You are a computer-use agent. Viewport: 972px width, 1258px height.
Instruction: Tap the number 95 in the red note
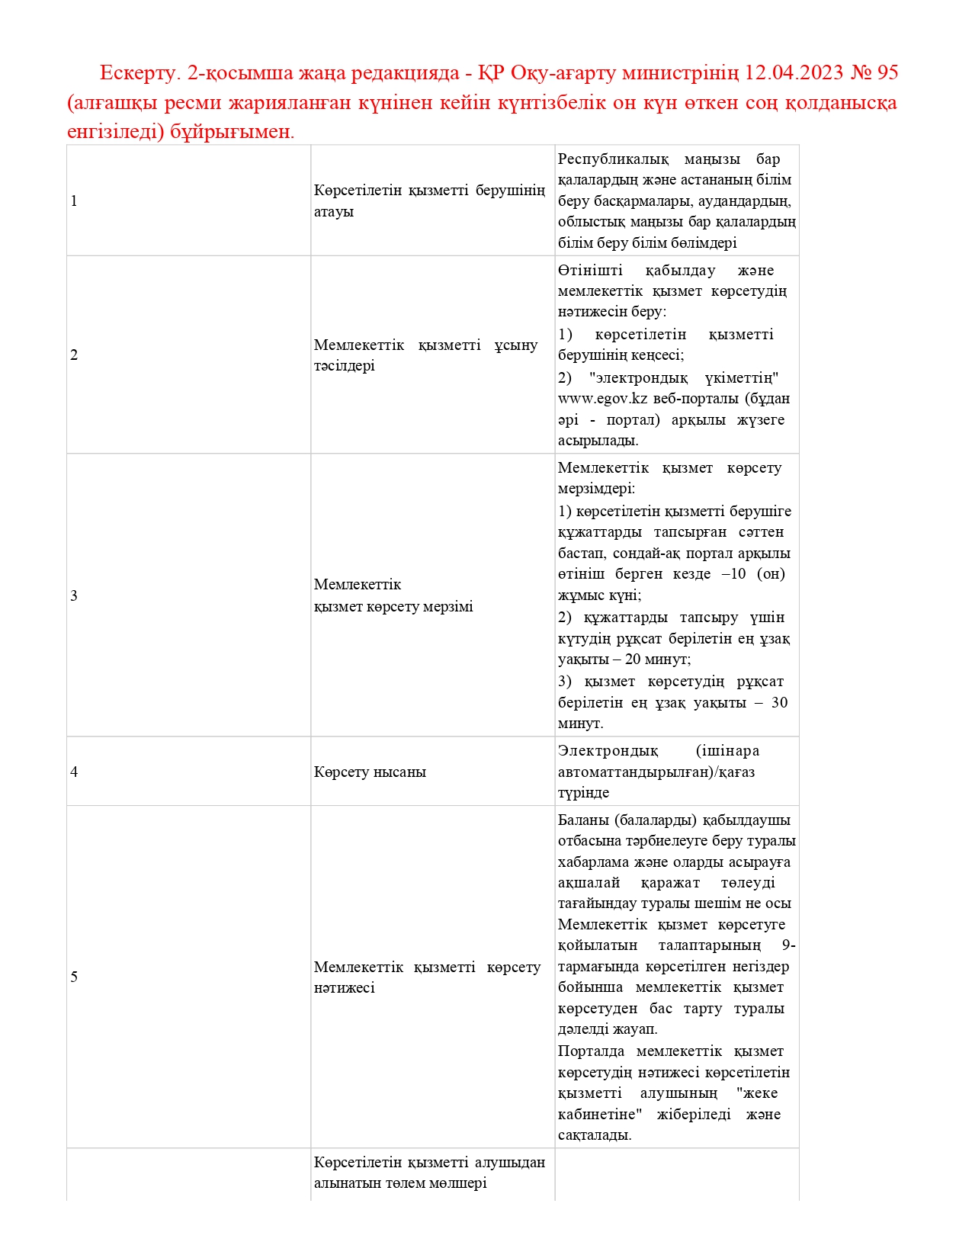click(x=887, y=73)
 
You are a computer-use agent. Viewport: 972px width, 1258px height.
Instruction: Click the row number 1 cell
click(x=74, y=201)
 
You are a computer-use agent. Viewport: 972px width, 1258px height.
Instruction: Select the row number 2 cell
click(x=74, y=355)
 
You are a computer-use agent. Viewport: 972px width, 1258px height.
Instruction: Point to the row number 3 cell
click(x=74, y=596)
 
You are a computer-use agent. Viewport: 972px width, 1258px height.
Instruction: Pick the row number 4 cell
click(x=74, y=772)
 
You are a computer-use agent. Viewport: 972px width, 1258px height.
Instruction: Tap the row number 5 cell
click(x=74, y=977)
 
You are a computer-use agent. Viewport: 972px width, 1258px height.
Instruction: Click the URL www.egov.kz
click(x=603, y=399)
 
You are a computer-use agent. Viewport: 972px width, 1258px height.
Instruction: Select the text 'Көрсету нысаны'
click(x=370, y=772)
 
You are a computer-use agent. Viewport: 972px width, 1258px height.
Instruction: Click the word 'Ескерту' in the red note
click(x=139, y=73)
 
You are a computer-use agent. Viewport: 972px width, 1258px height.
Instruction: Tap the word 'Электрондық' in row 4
click(x=608, y=751)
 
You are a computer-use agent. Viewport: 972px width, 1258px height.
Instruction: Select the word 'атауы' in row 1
click(x=334, y=212)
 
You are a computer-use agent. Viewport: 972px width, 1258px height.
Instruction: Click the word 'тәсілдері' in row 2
click(x=345, y=366)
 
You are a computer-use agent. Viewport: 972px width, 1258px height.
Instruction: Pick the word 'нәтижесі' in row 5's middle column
click(x=345, y=988)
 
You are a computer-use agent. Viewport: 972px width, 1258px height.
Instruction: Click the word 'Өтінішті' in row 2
click(x=590, y=271)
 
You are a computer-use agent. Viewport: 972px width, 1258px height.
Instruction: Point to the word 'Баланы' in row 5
click(x=583, y=820)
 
